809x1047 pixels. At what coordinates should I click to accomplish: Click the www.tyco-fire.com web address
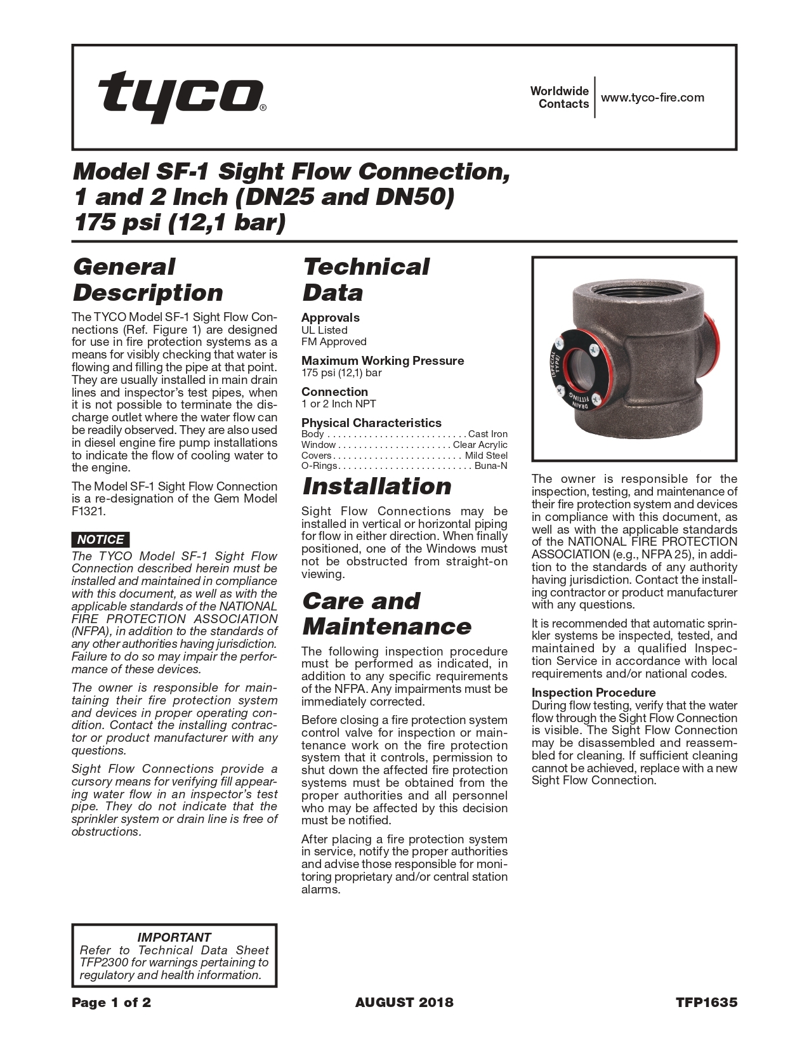click(x=652, y=98)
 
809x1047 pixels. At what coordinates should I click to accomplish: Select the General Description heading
click(x=148, y=280)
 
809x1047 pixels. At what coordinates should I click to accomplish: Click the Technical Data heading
click(x=365, y=280)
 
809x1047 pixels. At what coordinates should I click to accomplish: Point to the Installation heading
click(x=377, y=487)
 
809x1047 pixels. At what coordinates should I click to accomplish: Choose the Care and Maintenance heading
click(x=386, y=614)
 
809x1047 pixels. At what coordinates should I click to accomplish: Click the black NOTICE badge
click(x=100, y=539)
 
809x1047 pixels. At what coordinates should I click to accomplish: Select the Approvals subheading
click(x=330, y=317)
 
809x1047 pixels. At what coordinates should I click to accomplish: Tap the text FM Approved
click(x=334, y=341)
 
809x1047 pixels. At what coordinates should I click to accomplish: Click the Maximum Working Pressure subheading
click(x=383, y=360)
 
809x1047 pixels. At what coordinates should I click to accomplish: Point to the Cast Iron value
click(x=487, y=434)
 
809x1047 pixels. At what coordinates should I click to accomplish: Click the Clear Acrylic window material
click(x=480, y=445)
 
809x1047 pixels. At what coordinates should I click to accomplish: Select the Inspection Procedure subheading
click(x=593, y=692)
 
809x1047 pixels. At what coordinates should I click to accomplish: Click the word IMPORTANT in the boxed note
click(x=174, y=937)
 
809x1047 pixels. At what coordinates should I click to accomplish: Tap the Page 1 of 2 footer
click(x=111, y=1003)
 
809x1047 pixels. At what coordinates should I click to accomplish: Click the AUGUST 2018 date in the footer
click(x=404, y=1003)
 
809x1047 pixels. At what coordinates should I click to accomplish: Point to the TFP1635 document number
click(x=706, y=1003)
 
